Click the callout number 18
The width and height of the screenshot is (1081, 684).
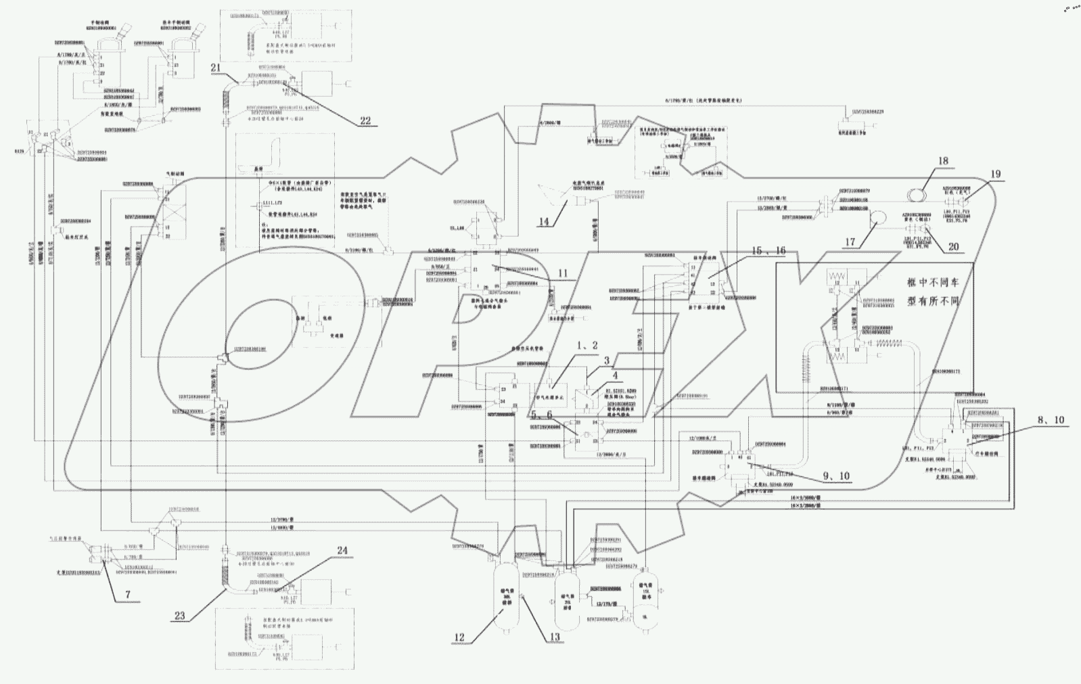[942, 161]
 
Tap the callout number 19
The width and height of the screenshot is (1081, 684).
[996, 174]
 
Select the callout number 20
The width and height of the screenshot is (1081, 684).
[953, 247]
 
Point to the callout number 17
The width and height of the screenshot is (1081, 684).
[850, 242]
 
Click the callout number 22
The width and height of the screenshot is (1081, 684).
[365, 121]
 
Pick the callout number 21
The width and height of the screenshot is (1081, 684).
[215, 67]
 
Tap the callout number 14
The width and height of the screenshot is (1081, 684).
[543, 221]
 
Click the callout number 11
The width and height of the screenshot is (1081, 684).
[562, 274]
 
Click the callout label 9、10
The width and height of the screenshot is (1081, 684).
[837, 476]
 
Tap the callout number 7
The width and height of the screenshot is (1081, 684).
[128, 595]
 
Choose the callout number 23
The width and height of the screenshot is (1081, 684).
[179, 616]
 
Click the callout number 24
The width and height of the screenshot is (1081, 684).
[342, 551]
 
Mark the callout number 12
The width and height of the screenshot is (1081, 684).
[459, 637]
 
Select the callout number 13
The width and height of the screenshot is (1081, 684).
[555, 637]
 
